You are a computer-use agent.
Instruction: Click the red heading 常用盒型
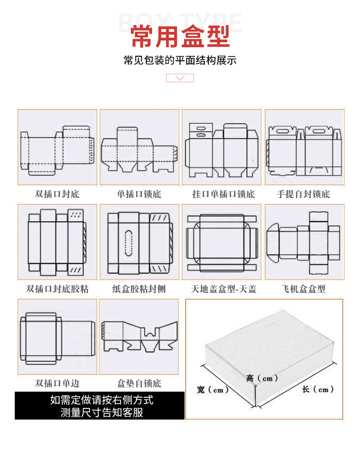[x=180, y=37]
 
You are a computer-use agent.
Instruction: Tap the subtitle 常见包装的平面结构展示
[x=180, y=61]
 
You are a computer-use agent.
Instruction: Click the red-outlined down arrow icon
[x=180, y=78]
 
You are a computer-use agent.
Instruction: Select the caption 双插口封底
[x=57, y=194]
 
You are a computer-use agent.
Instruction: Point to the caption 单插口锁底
[x=139, y=194]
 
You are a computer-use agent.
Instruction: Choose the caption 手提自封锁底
[x=303, y=194]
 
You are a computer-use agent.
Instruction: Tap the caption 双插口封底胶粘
[x=57, y=289]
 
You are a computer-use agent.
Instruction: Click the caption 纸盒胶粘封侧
[x=139, y=289]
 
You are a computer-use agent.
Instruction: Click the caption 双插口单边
[x=57, y=384]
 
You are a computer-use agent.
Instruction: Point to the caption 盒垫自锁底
[x=139, y=384]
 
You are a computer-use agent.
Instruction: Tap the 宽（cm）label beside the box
[x=213, y=390]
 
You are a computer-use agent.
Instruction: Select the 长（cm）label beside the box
[x=318, y=389]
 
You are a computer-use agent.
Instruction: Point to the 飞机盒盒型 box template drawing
[x=304, y=242]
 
